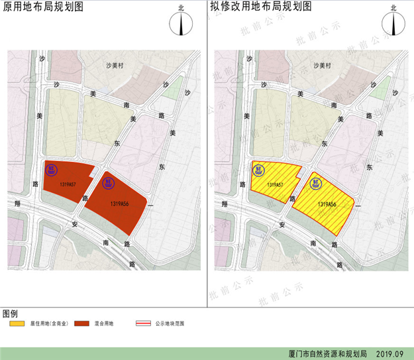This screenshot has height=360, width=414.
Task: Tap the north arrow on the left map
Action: click(x=181, y=23)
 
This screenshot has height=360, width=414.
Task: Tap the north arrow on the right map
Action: click(x=396, y=23)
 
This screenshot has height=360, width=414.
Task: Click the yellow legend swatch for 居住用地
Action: click(x=17, y=324)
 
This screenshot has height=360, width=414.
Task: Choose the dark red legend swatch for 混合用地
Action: click(x=82, y=324)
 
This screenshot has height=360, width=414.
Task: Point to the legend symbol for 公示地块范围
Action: click(x=144, y=324)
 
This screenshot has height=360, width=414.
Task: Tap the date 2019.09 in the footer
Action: click(x=389, y=354)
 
